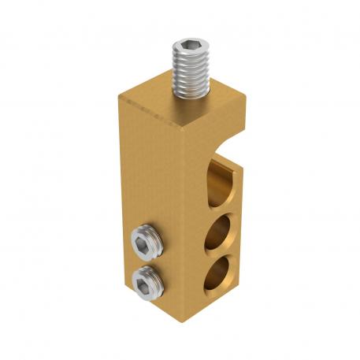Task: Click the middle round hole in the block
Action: pos(220,234)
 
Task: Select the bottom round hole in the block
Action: pos(220,273)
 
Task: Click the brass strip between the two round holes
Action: pos(220,254)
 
